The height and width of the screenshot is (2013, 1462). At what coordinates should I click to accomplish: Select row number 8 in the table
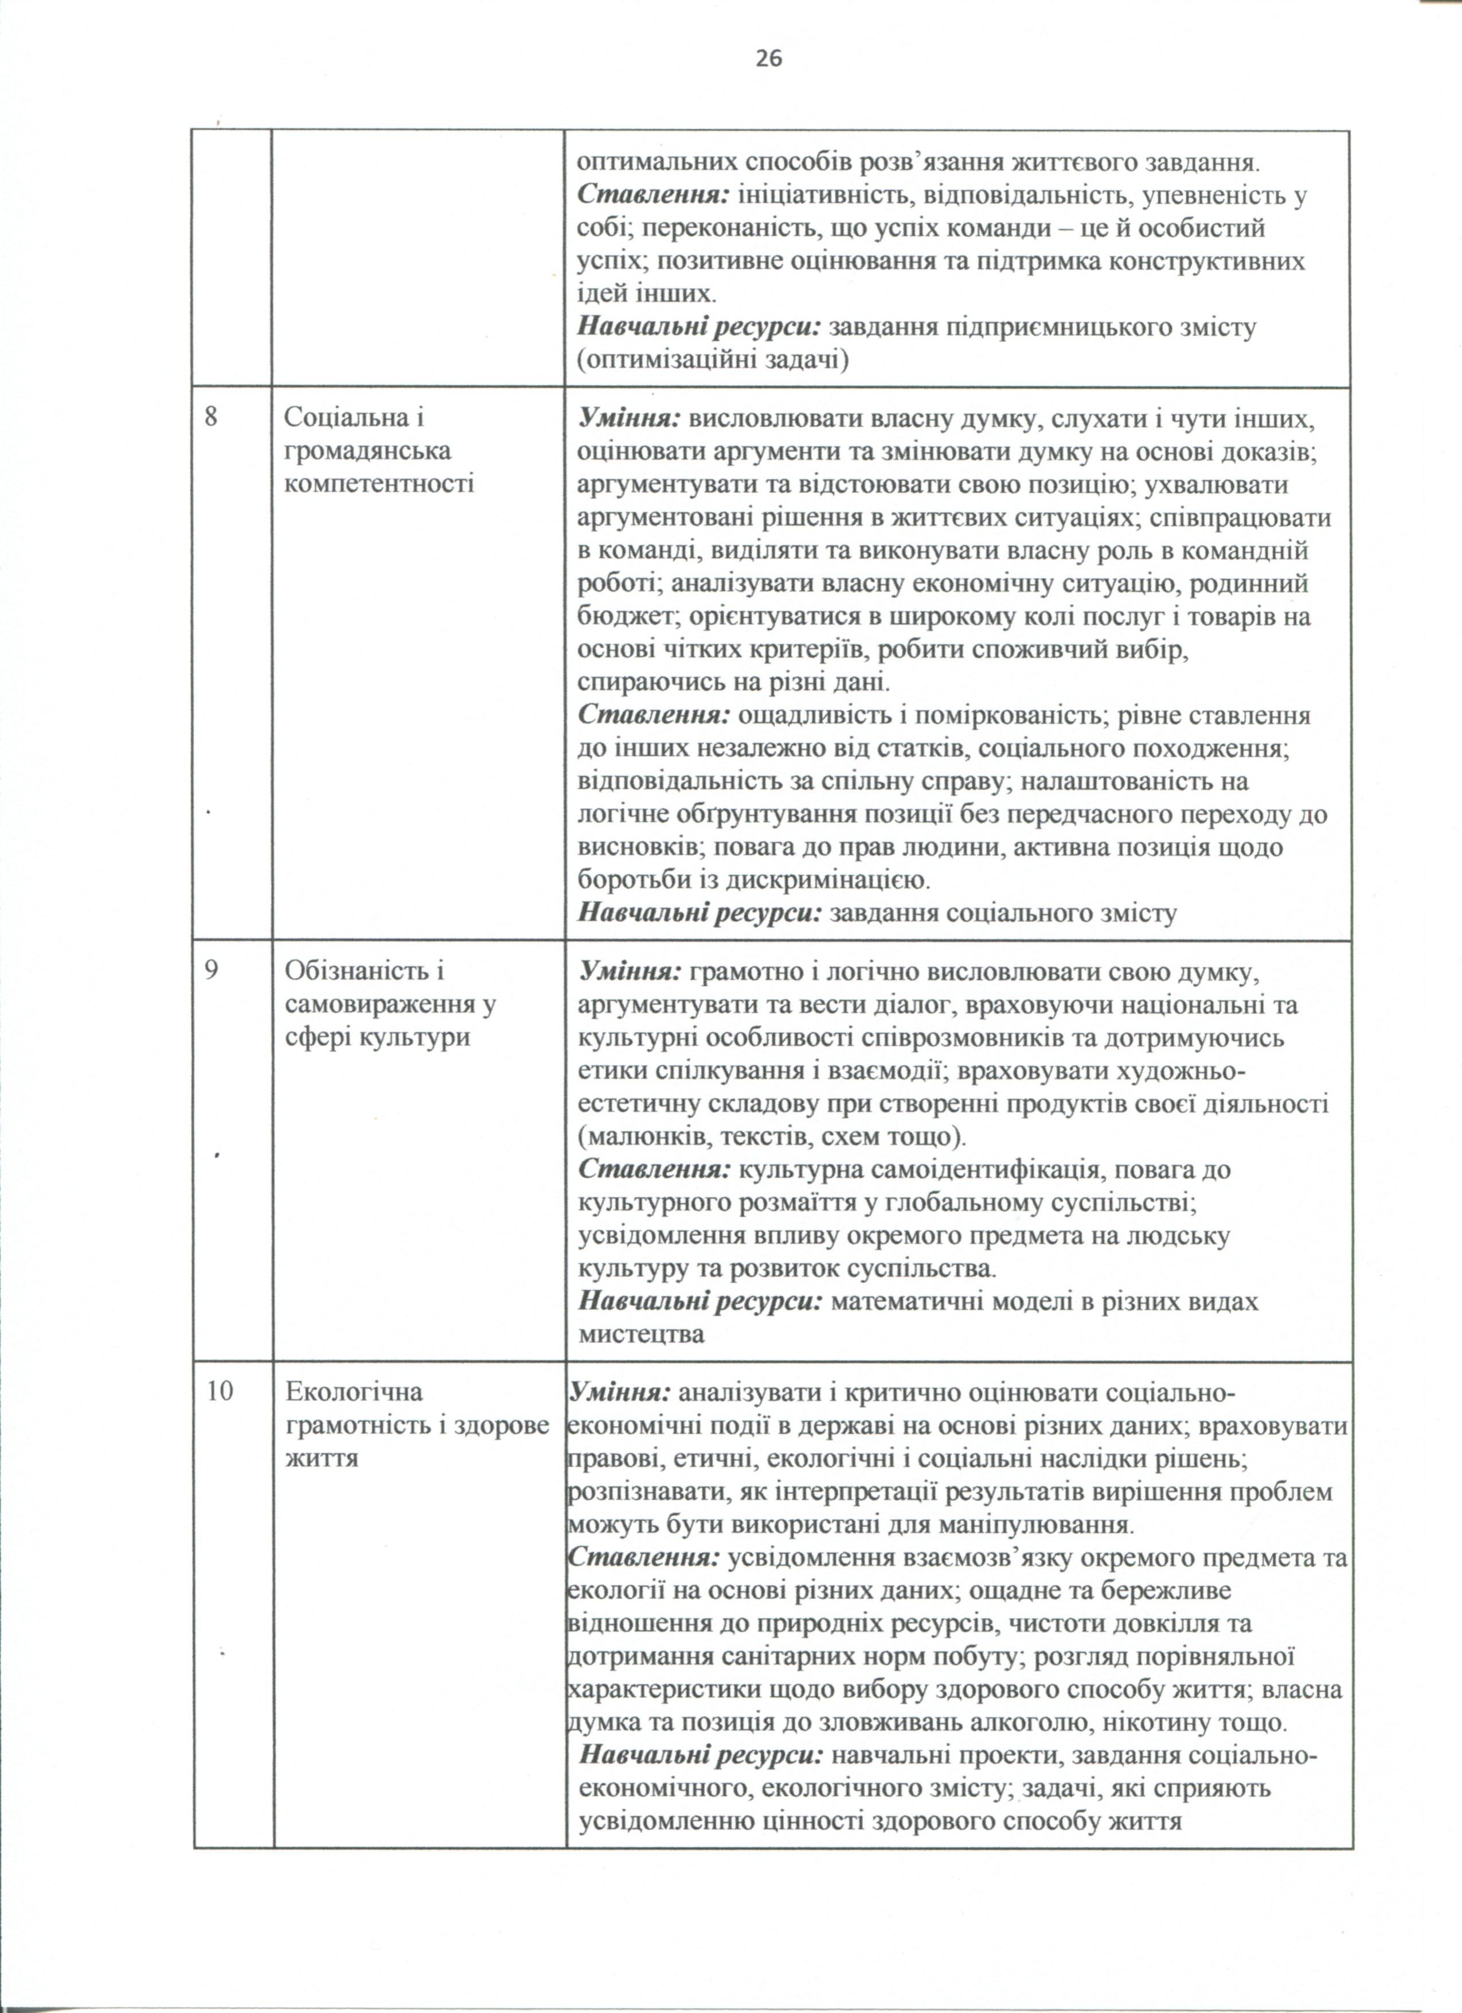[211, 416]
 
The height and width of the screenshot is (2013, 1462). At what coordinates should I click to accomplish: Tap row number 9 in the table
[211, 970]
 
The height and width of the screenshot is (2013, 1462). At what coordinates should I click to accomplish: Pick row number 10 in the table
[220, 1391]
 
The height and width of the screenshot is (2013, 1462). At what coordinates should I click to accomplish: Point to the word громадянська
[368, 451]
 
